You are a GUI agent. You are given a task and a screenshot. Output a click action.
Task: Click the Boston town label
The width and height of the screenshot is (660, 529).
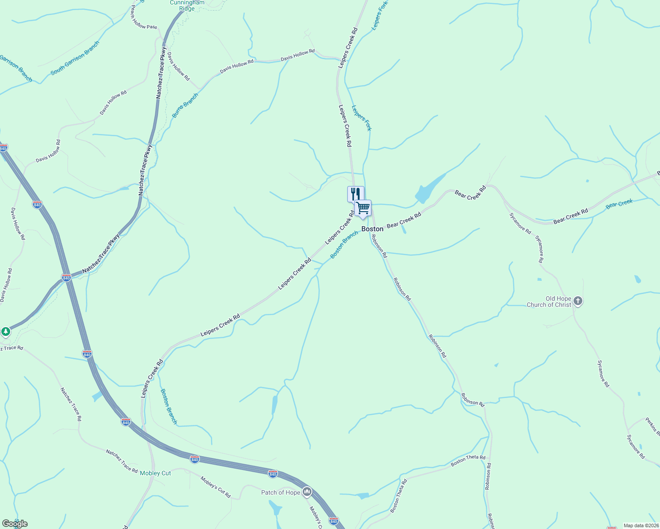(x=372, y=229)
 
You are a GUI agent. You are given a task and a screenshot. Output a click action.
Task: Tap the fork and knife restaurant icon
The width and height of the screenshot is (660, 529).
(x=355, y=194)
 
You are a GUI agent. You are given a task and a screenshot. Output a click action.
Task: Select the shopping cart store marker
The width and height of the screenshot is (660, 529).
(x=363, y=207)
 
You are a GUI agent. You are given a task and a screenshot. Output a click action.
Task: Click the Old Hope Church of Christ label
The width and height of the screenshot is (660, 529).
(x=549, y=302)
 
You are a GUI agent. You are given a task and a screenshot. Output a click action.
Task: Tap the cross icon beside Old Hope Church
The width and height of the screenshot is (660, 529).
(x=578, y=302)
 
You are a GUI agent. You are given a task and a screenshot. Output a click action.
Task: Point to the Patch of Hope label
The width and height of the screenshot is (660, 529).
(x=281, y=492)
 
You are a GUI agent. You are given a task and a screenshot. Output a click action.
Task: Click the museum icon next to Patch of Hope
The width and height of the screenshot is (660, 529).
(x=307, y=492)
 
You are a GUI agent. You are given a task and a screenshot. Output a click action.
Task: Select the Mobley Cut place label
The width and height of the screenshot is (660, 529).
(x=155, y=473)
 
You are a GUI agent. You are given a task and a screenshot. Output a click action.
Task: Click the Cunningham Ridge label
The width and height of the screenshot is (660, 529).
(x=187, y=5)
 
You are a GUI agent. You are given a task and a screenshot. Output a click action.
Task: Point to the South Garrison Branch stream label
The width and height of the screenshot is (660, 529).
(x=75, y=58)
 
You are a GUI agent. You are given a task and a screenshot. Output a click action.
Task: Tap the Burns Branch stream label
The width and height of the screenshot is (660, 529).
(x=185, y=105)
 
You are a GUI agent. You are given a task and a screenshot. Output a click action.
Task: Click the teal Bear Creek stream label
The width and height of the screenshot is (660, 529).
(x=619, y=204)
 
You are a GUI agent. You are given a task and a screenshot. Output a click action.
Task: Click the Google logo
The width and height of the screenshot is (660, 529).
(x=15, y=524)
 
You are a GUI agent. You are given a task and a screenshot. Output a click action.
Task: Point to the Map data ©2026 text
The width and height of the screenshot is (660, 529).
(x=640, y=525)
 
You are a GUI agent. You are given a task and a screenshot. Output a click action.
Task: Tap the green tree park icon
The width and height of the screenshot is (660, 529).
(x=5, y=331)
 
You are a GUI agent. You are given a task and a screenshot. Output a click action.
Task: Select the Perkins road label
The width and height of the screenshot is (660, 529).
(x=652, y=425)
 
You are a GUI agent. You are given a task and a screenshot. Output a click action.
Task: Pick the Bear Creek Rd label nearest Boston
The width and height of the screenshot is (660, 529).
(x=404, y=220)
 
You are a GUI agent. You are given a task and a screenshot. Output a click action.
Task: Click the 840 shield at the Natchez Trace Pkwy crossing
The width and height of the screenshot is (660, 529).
(x=66, y=278)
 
